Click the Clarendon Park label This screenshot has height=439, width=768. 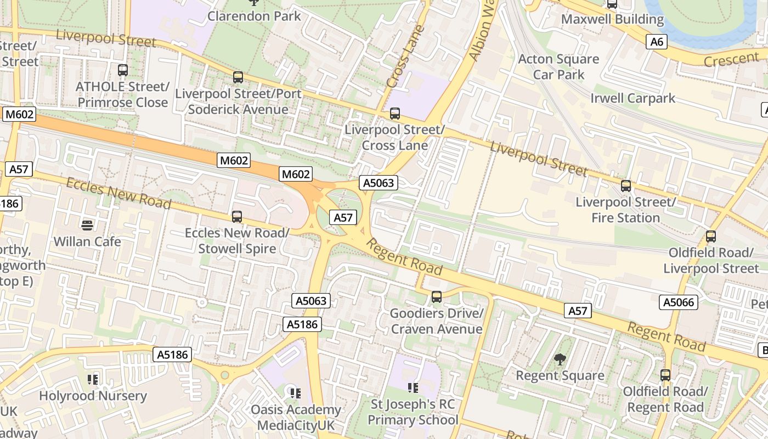tap(254, 16)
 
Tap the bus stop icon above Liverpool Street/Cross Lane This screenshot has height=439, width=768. tap(394, 114)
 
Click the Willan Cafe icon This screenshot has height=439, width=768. tap(87, 225)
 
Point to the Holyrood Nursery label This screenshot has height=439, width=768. tap(93, 396)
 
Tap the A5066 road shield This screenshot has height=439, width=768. tap(679, 302)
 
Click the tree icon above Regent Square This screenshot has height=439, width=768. tap(560, 359)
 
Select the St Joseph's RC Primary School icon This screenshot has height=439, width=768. tap(413, 388)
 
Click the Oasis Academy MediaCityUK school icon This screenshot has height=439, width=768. tap(295, 393)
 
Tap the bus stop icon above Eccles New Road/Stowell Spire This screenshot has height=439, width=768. tap(237, 217)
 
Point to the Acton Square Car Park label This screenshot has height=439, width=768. tap(558, 66)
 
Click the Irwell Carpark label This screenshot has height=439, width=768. tap(633, 98)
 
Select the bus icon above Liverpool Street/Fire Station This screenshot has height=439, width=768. tap(625, 186)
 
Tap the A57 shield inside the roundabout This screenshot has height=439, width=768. tap(343, 217)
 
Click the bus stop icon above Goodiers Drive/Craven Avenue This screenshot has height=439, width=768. tap(437, 297)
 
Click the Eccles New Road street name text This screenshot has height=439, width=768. tap(118, 193)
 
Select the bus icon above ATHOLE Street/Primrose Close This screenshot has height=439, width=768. tap(123, 70)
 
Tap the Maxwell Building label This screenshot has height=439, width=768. tap(612, 20)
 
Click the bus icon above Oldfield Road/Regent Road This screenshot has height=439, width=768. tap(665, 375)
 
